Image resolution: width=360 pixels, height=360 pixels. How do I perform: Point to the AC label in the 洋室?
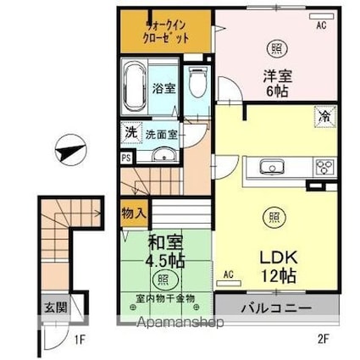click(321, 26)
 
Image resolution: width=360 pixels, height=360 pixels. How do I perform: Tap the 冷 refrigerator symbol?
click(324, 112)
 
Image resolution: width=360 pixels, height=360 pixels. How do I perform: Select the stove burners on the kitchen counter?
click(324, 165)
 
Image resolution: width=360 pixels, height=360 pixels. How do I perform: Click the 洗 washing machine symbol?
click(130, 132)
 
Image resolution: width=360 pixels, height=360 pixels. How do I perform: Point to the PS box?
click(126, 158)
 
